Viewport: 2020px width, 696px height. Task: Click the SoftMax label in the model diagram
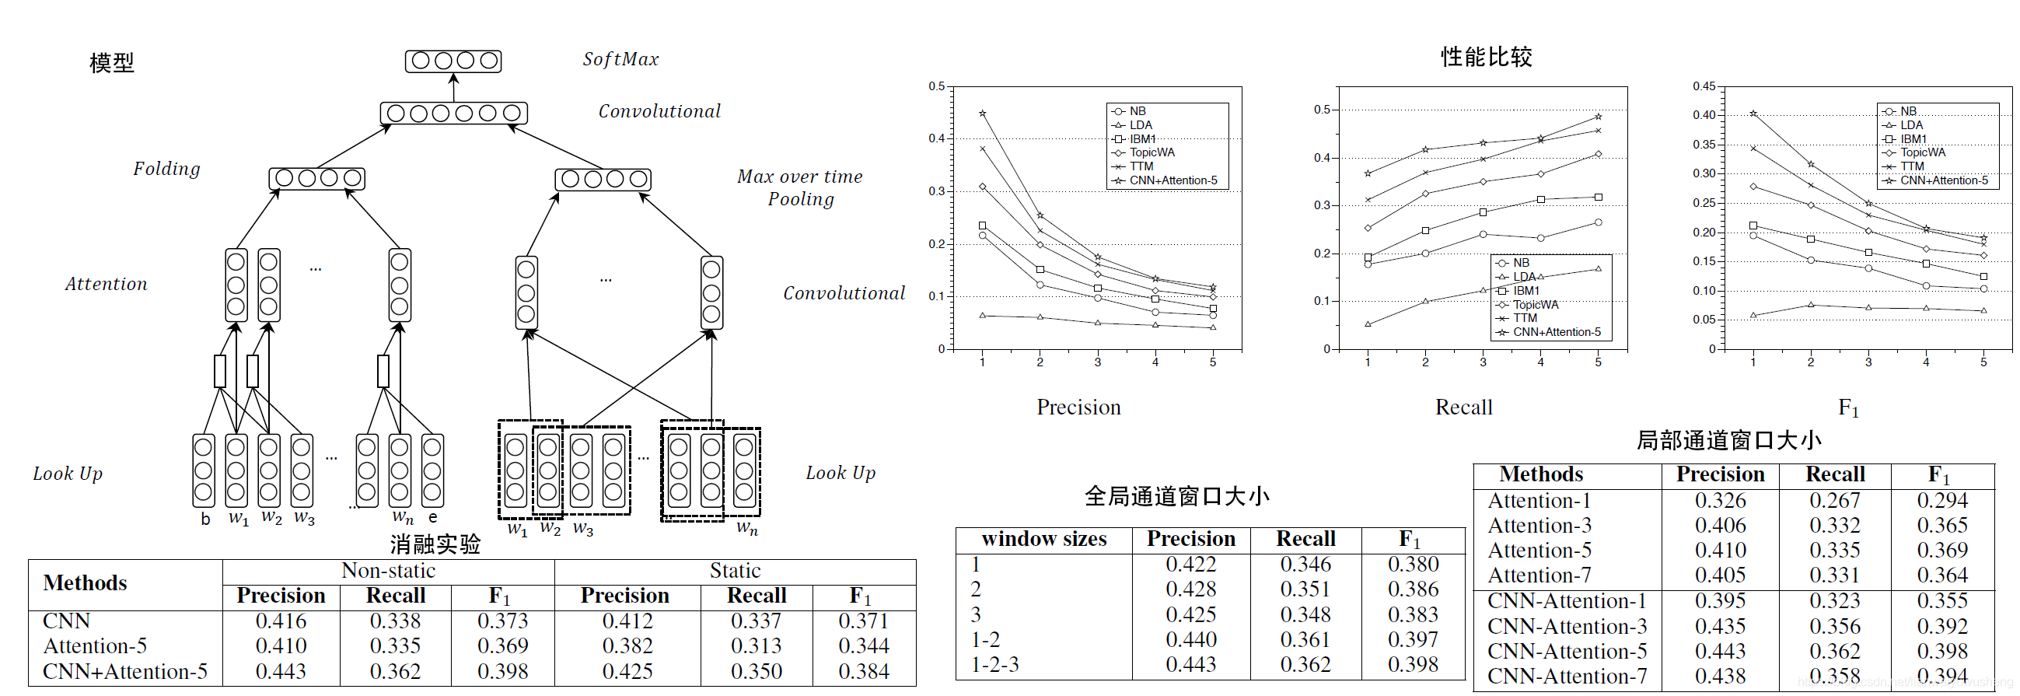tap(620, 60)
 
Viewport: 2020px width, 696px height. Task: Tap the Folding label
tap(166, 169)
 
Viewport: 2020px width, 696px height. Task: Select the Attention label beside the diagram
tap(106, 284)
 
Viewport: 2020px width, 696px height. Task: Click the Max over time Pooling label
tap(800, 187)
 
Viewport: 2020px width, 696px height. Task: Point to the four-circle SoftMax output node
tap(453, 61)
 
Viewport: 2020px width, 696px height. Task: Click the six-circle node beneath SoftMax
tap(453, 113)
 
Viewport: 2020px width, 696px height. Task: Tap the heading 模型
tap(111, 62)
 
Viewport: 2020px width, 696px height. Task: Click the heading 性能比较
tap(1486, 57)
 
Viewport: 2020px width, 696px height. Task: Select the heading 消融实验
tap(435, 544)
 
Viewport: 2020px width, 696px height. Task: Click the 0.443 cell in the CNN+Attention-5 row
tap(281, 672)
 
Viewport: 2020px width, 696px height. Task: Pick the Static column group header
tap(735, 571)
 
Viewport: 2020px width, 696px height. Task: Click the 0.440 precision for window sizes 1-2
tap(1190, 639)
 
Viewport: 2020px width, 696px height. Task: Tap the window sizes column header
tap(1043, 539)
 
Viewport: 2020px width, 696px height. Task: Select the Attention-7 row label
tap(1539, 575)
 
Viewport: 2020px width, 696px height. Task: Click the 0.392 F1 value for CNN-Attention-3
tap(1941, 626)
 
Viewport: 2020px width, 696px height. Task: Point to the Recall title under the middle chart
tap(1463, 407)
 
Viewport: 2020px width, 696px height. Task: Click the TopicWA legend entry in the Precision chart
tap(1152, 152)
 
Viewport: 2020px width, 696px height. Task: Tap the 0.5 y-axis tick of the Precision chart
tap(936, 86)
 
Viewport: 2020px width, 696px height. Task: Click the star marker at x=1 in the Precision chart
tap(983, 114)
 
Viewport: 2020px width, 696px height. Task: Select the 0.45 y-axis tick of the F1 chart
tap(1704, 86)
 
